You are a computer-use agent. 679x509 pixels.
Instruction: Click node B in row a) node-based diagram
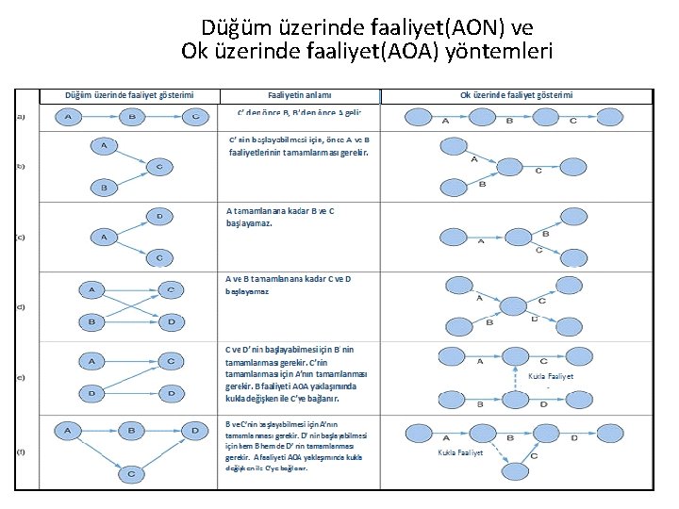[x=131, y=117]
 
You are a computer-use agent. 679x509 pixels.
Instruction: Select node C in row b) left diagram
[x=159, y=167]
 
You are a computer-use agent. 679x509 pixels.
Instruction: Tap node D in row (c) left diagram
[x=159, y=217]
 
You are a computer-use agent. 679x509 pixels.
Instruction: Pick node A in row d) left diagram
[x=91, y=289]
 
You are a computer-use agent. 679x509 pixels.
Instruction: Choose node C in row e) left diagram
[x=171, y=361]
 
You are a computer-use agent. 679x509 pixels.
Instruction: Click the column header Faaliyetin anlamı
[x=299, y=95]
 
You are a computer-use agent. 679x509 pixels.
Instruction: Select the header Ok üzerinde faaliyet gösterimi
[x=516, y=95]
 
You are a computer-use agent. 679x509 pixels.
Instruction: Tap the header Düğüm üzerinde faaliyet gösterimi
[x=129, y=95]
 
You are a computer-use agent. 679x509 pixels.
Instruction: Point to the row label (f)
[x=21, y=451]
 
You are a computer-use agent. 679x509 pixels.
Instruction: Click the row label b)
[x=21, y=166]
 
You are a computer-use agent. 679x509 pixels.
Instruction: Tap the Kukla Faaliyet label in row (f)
[x=461, y=452]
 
